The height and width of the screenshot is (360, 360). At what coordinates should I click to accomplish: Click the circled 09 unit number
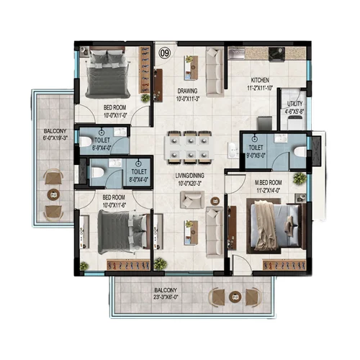[x=165, y=53]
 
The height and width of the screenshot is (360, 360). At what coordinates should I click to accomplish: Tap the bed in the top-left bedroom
[x=105, y=72]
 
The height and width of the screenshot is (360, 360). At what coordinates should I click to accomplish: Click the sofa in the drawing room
[x=215, y=72]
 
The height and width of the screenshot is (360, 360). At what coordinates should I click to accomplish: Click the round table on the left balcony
[x=52, y=193]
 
